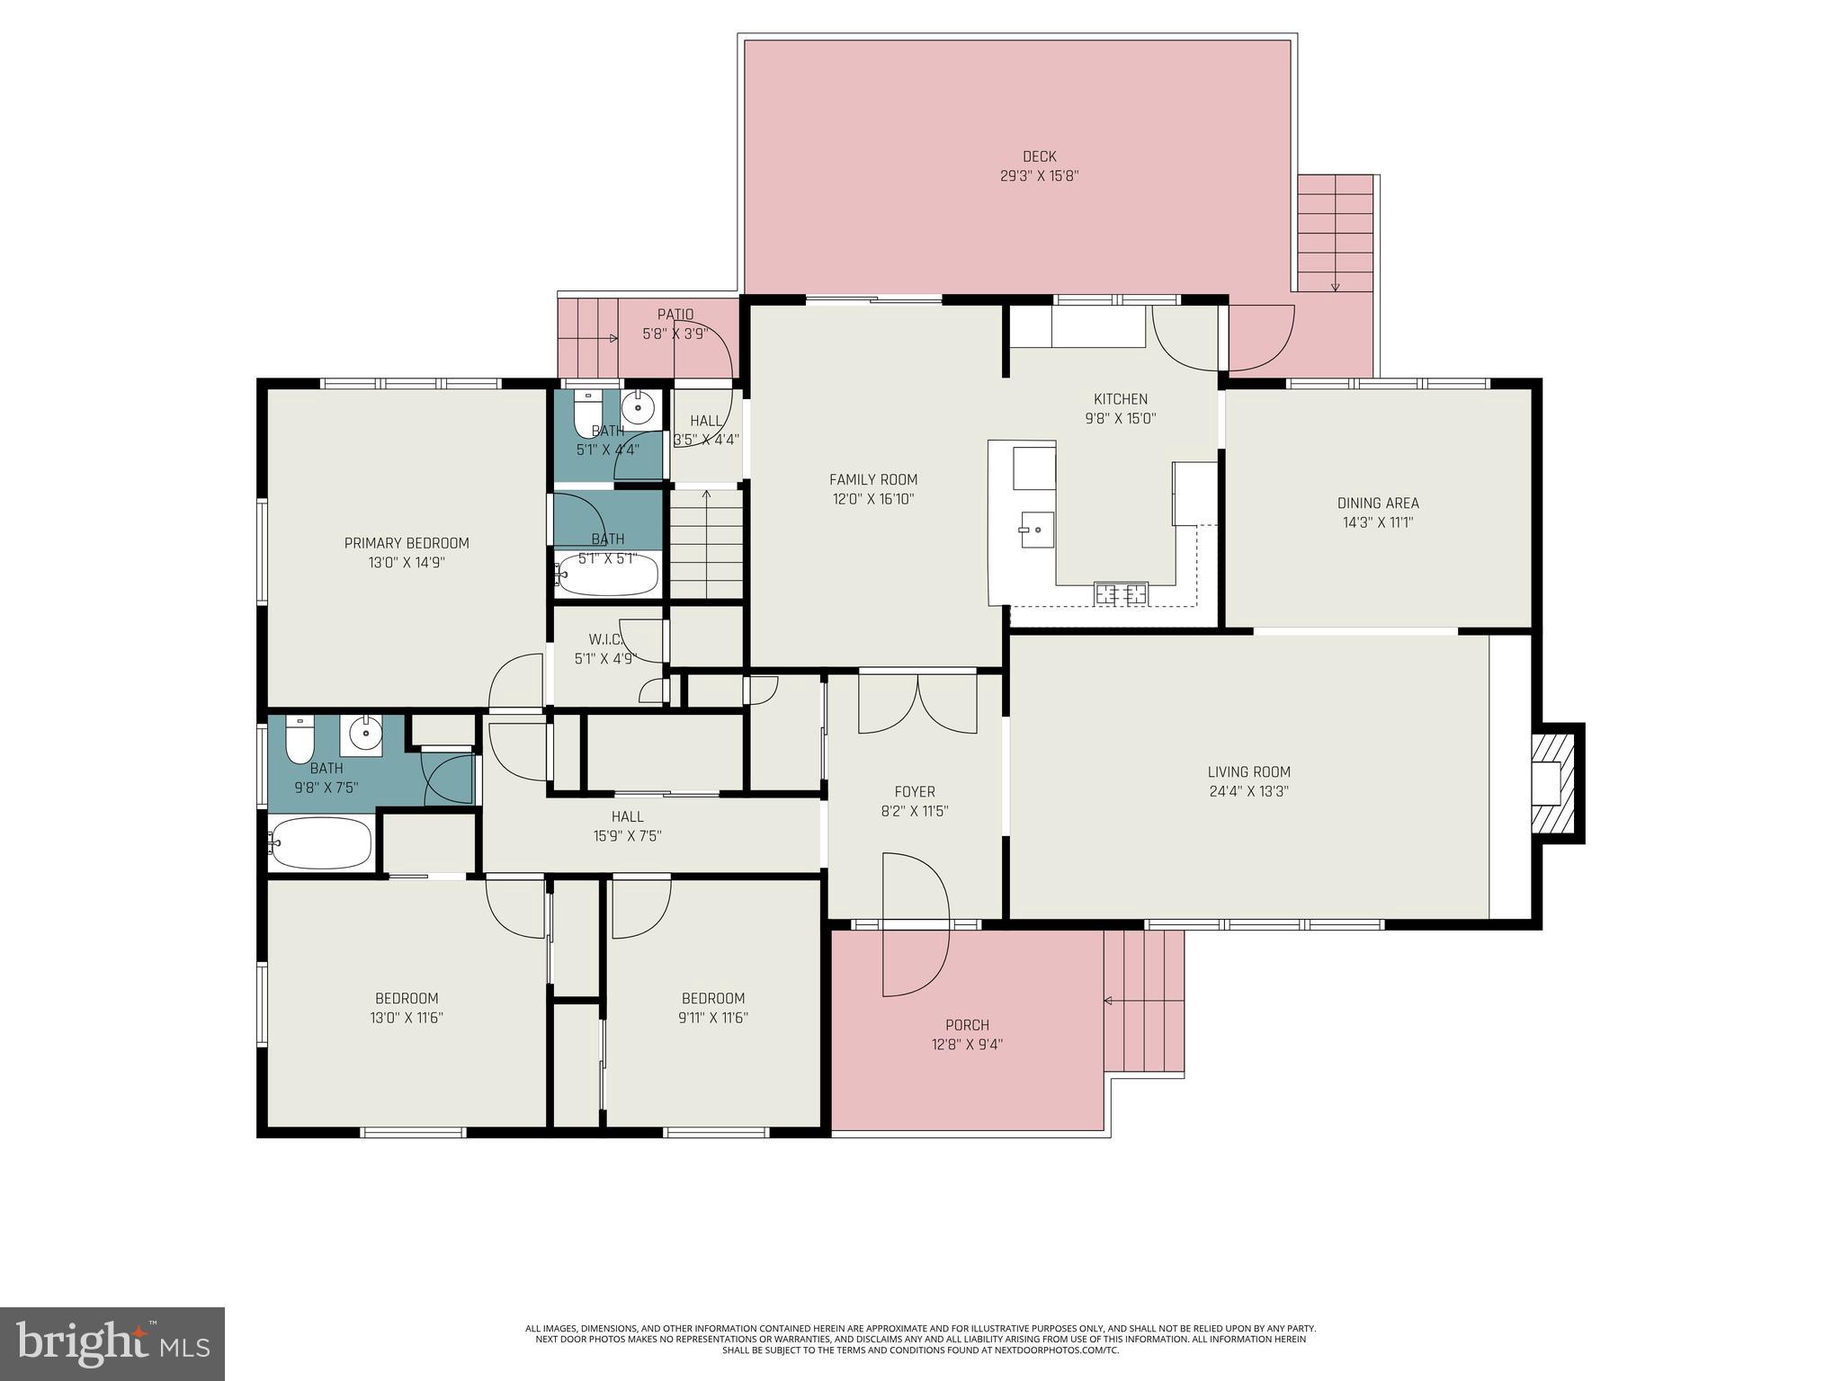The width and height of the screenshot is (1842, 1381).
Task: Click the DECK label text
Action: (1039, 156)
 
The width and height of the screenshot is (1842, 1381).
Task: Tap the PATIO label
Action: (675, 315)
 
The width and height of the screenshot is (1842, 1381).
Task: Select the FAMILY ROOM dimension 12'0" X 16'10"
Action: (872, 499)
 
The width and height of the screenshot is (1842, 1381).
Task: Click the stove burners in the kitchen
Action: (1121, 593)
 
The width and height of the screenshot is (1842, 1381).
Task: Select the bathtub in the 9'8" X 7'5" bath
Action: (321, 842)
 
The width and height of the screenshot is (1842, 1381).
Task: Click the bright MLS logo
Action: (112, 1343)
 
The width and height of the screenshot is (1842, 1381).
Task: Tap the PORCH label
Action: (967, 1025)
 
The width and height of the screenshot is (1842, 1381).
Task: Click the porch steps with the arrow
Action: (1144, 1001)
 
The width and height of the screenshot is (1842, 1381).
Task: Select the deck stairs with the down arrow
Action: (1336, 234)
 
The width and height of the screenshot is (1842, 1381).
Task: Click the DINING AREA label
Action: (1377, 503)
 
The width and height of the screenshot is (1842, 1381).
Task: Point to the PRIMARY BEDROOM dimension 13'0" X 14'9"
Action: (407, 563)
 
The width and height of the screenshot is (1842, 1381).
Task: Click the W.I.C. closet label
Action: (605, 639)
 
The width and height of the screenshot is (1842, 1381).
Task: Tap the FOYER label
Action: (914, 792)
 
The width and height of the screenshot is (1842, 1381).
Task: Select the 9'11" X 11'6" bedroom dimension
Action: (713, 1018)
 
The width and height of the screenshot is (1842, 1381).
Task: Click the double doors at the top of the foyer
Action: (917, 703)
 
